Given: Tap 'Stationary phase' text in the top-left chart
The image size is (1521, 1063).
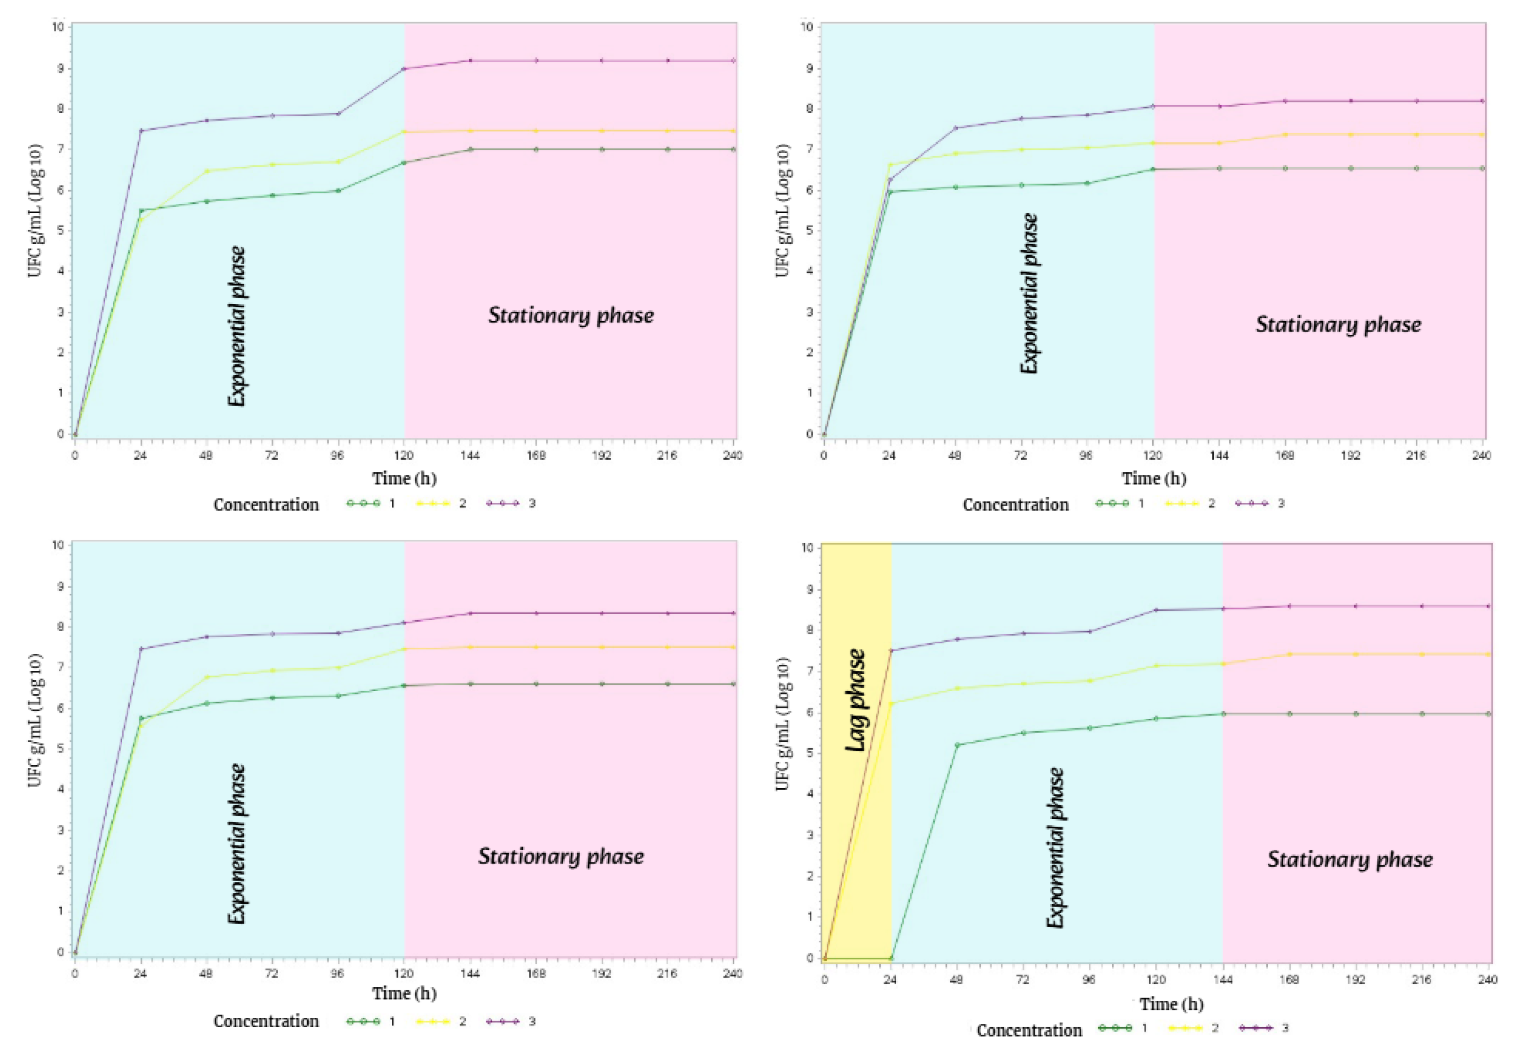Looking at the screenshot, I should (571, 315).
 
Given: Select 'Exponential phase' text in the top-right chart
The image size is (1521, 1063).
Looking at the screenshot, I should (1029, 294).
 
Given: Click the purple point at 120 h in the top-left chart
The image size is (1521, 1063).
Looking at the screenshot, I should (404, 69).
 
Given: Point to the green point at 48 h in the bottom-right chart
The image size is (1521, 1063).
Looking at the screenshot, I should (957, 745).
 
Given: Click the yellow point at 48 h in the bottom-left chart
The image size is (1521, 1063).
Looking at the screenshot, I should (206, 677).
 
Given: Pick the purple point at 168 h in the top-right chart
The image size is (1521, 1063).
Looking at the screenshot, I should (1285, 101).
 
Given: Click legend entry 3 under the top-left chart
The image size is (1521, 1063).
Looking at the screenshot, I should (511, 503).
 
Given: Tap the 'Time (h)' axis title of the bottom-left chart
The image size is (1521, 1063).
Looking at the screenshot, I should (404, 994).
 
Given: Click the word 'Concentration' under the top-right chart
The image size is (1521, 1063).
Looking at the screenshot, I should (1016, 505).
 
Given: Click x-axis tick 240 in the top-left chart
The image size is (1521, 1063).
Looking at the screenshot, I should (733, 455).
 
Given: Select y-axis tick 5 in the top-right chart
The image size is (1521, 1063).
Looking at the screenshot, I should (810, 231).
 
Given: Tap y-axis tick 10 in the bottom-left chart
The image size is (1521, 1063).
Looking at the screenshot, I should (58, 545).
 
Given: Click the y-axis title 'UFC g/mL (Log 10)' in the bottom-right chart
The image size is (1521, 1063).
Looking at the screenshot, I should (782, 724).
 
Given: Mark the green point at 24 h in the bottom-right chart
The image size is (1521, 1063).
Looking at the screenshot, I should (891, 958).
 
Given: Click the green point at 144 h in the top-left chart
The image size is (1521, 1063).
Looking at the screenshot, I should (470, 150).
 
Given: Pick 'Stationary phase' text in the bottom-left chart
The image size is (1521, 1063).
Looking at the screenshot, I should (561, 856).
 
